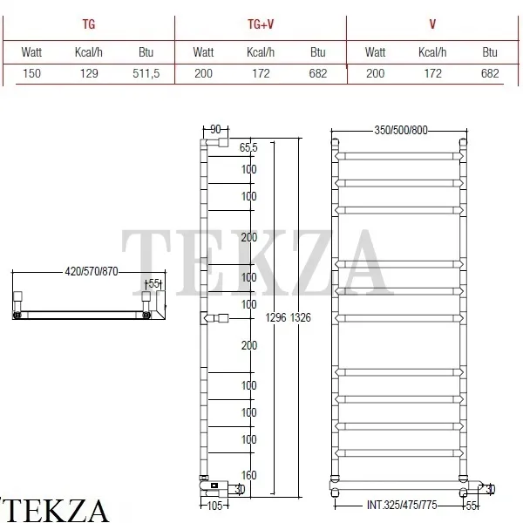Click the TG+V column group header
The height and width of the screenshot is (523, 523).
coord(261,24)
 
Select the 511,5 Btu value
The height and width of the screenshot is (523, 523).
coord(146,73)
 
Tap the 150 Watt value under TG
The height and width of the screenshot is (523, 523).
coord(31,73)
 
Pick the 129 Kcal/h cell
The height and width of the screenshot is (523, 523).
coord(89,73)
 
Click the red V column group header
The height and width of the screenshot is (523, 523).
coord(432,24)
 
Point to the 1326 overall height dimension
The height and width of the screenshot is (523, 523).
coord(301,317)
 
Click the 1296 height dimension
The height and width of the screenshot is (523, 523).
coord(275,317)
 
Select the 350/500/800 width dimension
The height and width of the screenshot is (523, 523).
coord(401,130)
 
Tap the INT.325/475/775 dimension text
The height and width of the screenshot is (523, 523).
coord(402,505)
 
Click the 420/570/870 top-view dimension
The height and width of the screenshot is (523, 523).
coord(92,271)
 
